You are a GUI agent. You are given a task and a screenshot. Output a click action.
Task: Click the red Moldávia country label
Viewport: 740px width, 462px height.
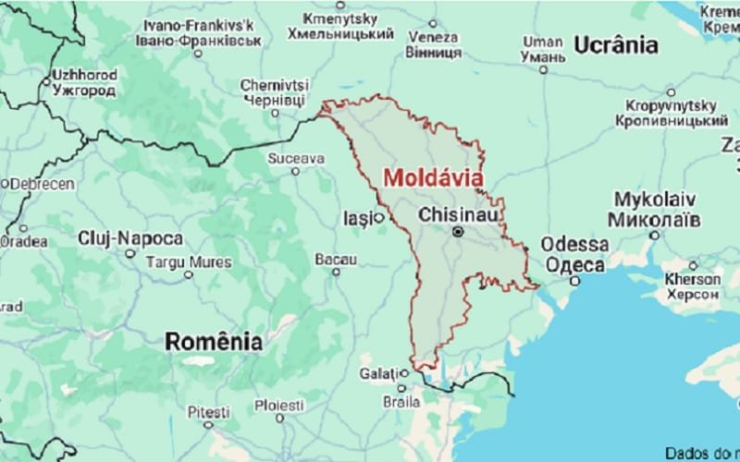(x=432, y=176)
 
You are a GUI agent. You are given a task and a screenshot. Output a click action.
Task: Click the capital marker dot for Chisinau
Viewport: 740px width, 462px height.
(x=456, y=233)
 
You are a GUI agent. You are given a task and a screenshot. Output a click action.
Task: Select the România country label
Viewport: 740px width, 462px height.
(x=214, y=341)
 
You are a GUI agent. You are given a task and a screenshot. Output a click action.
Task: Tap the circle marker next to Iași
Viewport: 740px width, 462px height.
(x=377, y=219)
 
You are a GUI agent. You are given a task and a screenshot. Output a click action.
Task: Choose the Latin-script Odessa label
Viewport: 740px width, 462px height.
(x=575, y=245)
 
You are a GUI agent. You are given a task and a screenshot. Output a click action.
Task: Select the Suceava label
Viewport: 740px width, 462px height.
(x=296, y=158)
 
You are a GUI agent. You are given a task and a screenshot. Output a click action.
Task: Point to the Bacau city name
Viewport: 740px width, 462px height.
(x=335, y=260)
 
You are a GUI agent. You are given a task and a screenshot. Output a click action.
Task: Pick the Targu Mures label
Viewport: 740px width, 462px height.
(x=188, y=261)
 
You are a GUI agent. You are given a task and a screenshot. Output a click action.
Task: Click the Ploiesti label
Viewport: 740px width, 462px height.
(x=278, y=405)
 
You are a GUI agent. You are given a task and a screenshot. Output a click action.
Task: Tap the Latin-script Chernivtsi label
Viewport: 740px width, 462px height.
(x=275, y=85)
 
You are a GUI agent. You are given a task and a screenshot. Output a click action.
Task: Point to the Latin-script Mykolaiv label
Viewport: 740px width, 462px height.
(x=656, y=201)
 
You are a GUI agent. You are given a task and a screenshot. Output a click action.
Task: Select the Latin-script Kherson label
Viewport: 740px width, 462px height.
(x=691, y=278)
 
